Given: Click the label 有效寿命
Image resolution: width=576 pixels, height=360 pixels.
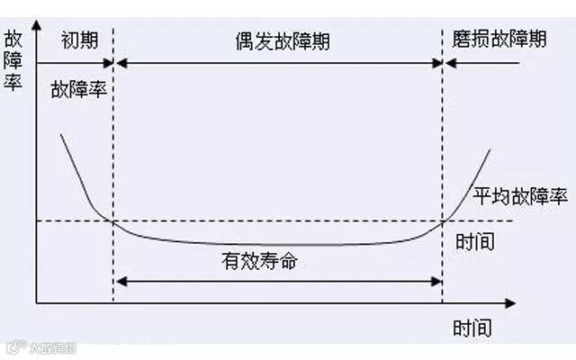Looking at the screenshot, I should [259, 263].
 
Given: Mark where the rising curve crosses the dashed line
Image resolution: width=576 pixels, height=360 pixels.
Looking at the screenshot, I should [445, 220].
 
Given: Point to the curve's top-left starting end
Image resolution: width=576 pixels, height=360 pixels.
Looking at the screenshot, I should [61, 135].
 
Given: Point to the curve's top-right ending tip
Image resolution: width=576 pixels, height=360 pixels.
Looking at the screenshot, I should [491, 149].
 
